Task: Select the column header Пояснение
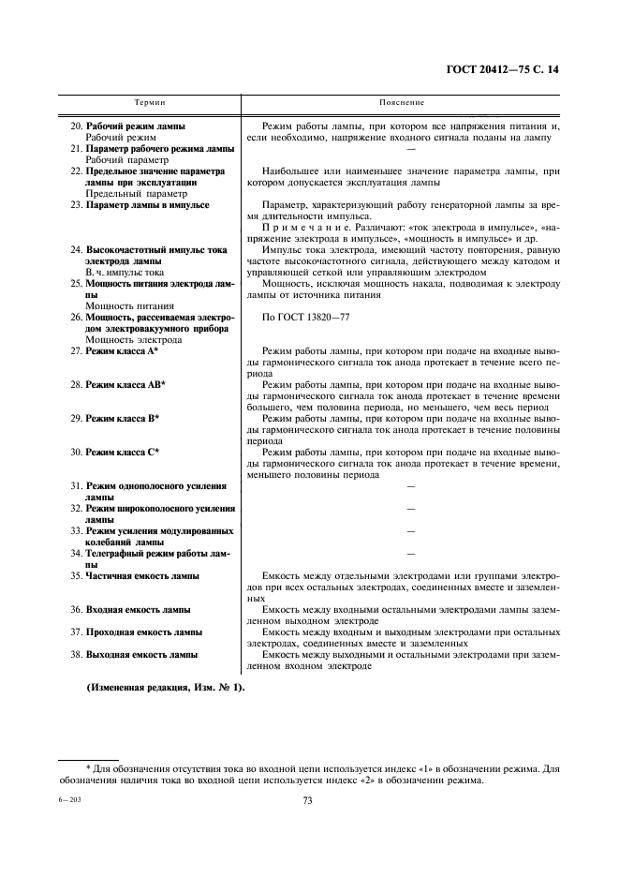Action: [x=402, y=101]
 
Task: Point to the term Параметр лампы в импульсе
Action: [x=147, y=204]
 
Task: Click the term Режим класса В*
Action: [x=122, y=418]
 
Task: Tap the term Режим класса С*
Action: [x=122, y=452]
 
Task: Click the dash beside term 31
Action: [x=410, y=485]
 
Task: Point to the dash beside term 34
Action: [x=410, y=554]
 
